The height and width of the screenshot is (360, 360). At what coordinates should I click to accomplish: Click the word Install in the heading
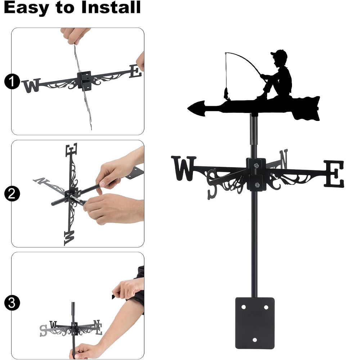[111, 7]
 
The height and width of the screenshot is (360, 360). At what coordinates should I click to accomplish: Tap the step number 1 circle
[12, 81]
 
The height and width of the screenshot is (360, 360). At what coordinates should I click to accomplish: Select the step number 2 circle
[12, 194]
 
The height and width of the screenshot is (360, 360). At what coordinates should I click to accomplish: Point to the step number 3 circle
[12, 303]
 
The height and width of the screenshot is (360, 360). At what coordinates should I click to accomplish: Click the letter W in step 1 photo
[31, 85]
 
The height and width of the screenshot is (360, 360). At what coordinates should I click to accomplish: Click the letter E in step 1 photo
[135, 71]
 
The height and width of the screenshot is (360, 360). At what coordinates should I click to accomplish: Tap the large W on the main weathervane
[184, 168]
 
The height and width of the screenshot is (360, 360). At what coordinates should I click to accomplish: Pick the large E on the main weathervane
[334, 174]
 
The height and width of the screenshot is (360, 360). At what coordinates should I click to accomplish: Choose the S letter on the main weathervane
[212, 184]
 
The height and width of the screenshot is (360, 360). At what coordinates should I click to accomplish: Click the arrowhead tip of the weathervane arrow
[188, 108]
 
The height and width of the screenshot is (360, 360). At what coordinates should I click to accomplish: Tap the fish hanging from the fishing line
[226, 94]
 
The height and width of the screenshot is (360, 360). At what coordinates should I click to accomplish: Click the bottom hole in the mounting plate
[255, 340]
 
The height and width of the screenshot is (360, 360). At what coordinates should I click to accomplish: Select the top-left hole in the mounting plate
[244, 307]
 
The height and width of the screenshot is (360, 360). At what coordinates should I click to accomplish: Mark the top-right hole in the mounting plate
[266, 307]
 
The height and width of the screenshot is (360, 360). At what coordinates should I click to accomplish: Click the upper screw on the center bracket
[256, 165]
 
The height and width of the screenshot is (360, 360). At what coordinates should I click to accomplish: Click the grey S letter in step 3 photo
[43, 330]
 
